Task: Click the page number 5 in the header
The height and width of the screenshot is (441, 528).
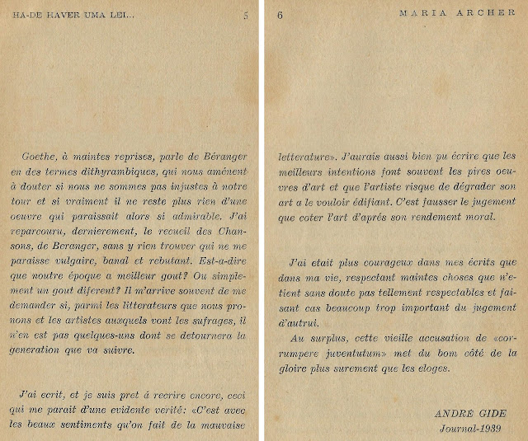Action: click(x=245, y=16)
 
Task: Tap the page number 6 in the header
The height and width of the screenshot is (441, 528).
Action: click(x=280, y=16)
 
